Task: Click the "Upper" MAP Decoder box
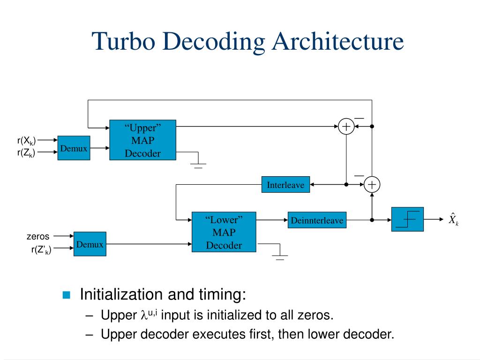142,140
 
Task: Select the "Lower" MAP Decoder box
224,232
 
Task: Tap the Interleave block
285,185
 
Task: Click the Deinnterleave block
317,220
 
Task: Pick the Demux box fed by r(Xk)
74,148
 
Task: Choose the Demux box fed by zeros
90,244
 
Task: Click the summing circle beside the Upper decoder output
346,127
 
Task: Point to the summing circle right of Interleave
372,185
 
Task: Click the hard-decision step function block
407,219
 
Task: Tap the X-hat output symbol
453,219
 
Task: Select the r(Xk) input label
26,140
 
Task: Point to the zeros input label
38,237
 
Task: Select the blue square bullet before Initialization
66,295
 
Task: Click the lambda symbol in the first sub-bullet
144,315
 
